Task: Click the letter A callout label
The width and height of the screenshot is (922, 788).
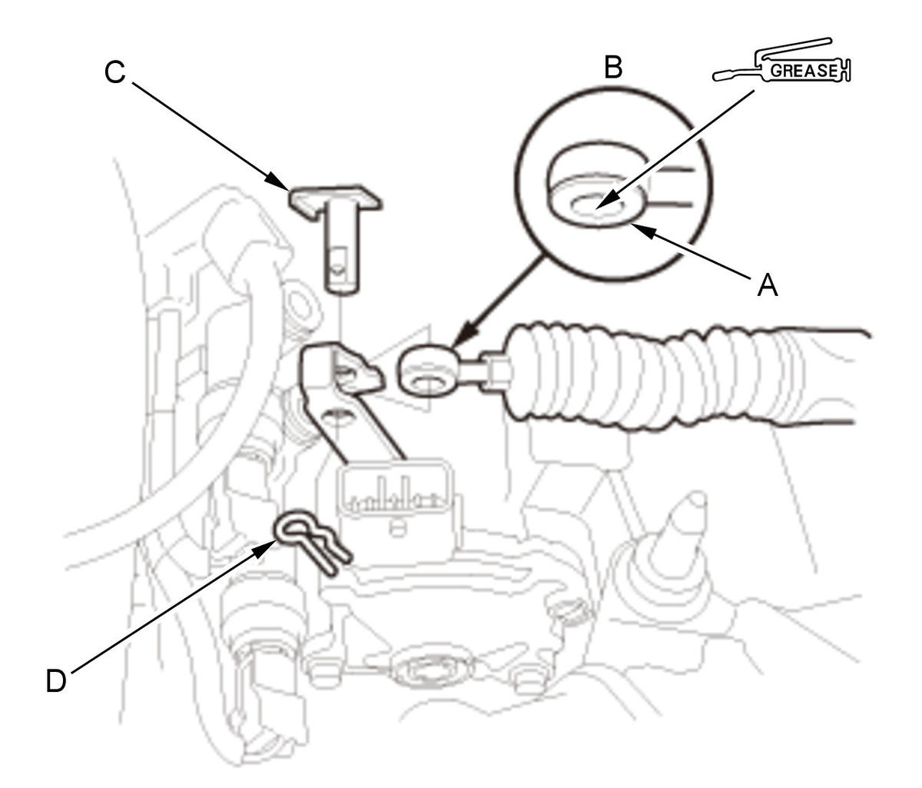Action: [768, 285]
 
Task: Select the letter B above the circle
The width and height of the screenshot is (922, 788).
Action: [613, 68]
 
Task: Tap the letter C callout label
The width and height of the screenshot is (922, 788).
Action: [114, 71]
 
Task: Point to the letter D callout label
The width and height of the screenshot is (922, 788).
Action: [56, 680]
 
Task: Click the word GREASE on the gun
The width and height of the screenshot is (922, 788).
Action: [804, 71]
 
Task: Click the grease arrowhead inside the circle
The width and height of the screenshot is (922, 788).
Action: [607, 201]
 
